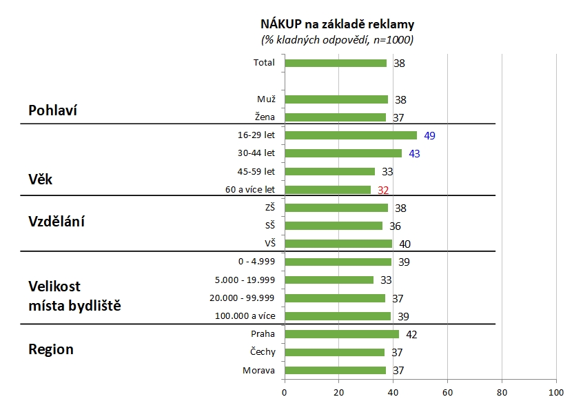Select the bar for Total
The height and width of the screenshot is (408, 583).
click(336, 63)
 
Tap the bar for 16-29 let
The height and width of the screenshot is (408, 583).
click(351, 135)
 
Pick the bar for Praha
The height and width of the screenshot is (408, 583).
click(341, 334)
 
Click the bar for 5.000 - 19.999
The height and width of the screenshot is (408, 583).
click(329, 280)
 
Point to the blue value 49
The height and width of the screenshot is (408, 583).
click(429, 135)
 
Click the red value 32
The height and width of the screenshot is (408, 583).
click(383, 190)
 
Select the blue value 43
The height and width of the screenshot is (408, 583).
click(414, 154)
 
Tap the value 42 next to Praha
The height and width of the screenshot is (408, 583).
click(411, 335)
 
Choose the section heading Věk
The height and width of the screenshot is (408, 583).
click(41, 179)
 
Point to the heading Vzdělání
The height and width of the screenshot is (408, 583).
click(60, 222)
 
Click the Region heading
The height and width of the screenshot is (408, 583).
click(51, 349)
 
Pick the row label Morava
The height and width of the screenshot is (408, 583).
click(258, 370)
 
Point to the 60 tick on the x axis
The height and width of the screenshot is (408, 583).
click(447, 393)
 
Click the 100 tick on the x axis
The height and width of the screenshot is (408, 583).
click(555, 393)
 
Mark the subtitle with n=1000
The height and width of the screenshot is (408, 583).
click(337, 40)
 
